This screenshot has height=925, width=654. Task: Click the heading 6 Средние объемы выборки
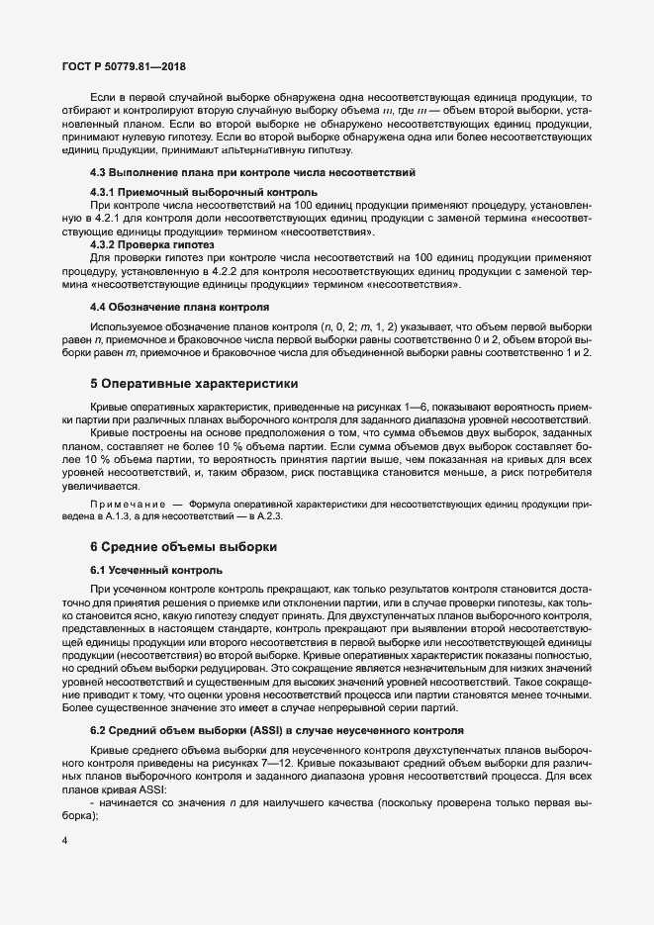coord(182,546)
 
